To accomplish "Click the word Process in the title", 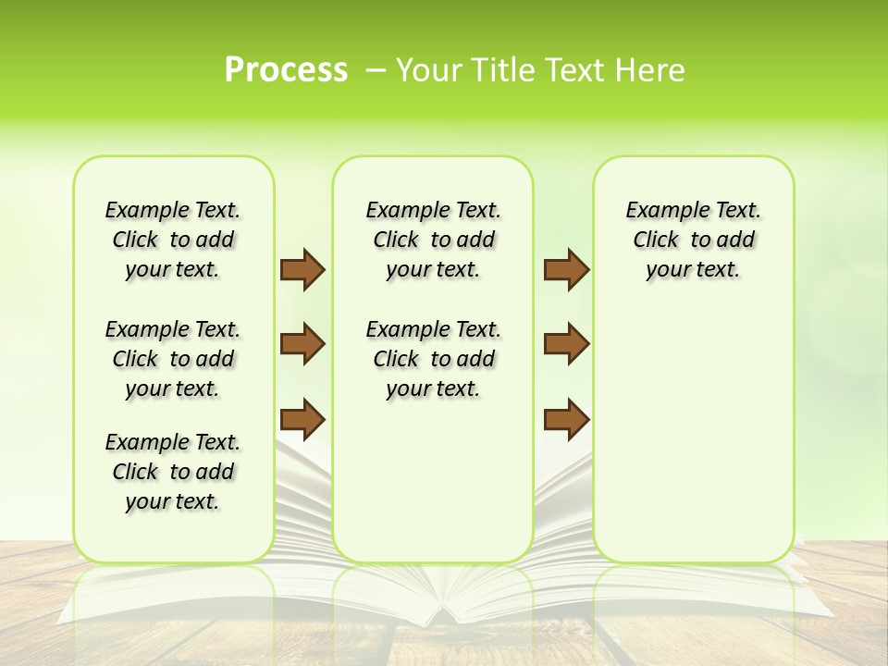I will click(x=286, y=70).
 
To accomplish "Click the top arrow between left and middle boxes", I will click(x=302, y=269).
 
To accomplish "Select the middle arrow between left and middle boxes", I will click(x=302, y=344).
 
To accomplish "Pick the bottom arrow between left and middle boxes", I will click(x=302, y=418).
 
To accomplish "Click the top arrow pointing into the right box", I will click(x=566, y=269).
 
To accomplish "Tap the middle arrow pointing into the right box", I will click(x=566, y=344).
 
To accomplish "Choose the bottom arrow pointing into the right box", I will click(x=566, y=418).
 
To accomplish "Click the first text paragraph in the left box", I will click(x=173, y=240).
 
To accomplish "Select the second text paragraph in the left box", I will click(x=173, y=359).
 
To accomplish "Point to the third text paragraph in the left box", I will click(x=173, y=472).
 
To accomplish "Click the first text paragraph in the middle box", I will click(x=433, y=240).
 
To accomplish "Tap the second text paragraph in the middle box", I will click(x=433, y=359).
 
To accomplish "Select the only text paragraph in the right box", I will click(x=693, y=240).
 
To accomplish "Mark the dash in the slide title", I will click(x=376, y=70).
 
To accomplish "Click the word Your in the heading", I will click(x=426, y=70).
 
